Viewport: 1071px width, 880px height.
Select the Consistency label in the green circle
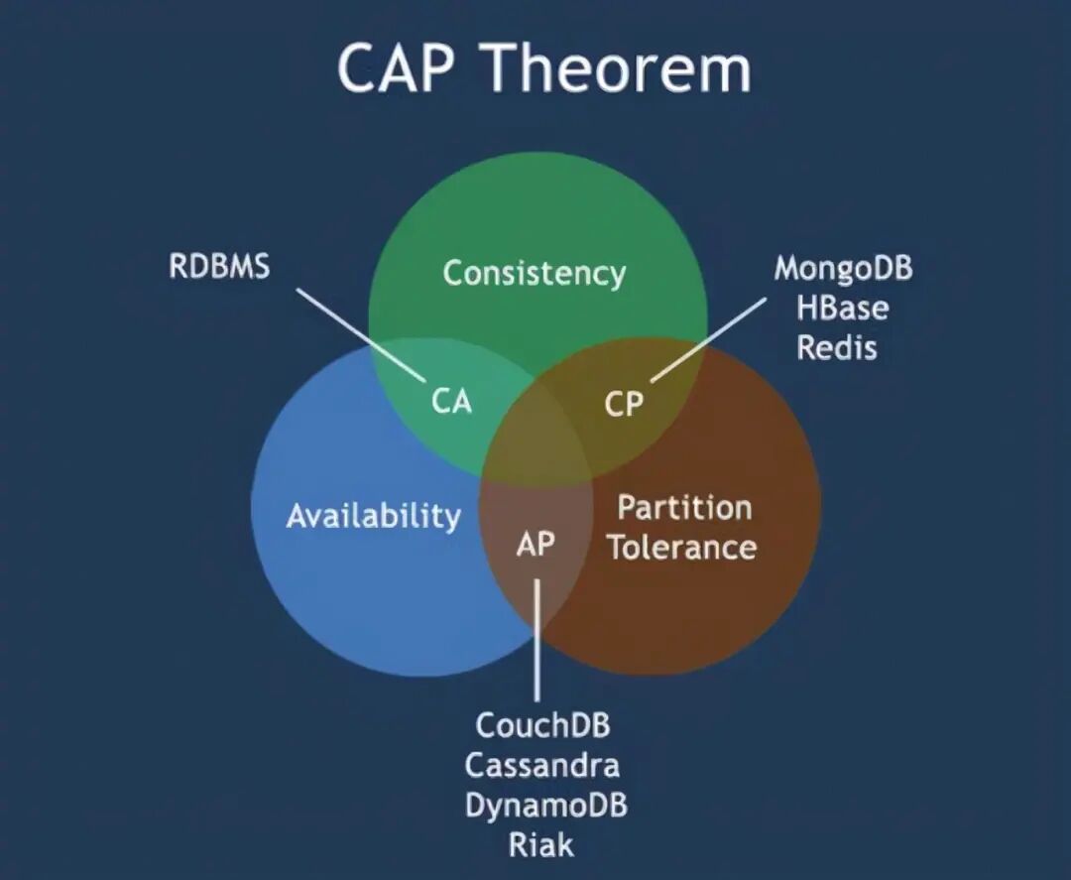coord(534,273)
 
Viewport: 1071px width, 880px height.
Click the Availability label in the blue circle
coord(373,516)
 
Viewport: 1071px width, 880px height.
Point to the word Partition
coord(684,508)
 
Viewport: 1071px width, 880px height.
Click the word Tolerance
coord(682,547)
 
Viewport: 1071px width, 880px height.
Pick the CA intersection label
coord(451,402)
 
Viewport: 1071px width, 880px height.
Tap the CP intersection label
coord(623,404)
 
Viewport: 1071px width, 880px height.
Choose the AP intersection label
coord(535,544)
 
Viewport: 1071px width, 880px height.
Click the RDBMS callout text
coord(218,267)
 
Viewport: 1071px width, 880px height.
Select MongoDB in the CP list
coord(843,268)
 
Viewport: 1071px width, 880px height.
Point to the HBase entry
coord(842,308)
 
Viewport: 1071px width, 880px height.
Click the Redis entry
coord(837,347)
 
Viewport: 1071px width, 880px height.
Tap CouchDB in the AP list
coord(542,725)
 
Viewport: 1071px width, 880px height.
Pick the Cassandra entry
coord(542,765)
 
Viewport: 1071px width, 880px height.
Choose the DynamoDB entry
coord(545,805)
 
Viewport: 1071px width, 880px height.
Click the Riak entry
coord(541,844)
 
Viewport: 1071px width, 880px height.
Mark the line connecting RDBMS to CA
coord(359,332)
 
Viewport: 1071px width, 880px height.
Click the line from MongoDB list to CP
coord(708,338)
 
